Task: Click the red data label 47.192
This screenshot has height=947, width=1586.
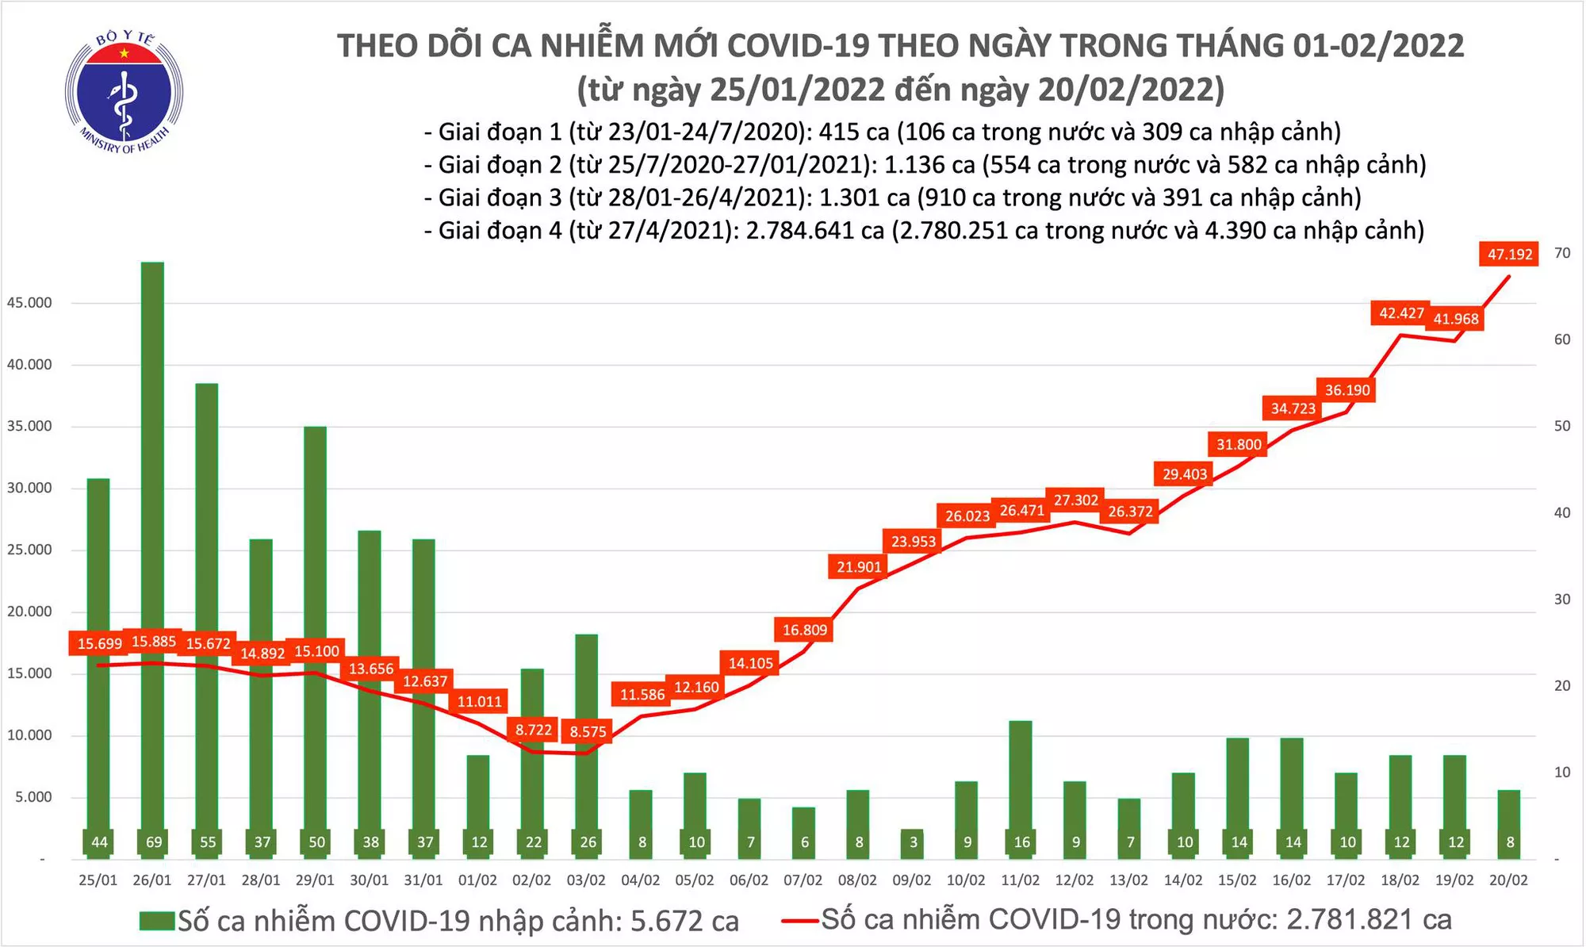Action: click(1509, 255)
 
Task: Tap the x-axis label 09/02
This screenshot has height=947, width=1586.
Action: click(911, 880)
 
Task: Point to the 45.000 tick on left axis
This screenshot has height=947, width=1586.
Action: click(29, 303)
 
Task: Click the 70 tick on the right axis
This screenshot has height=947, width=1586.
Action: click(1562, 253)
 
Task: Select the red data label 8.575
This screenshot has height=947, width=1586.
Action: click(588, 731)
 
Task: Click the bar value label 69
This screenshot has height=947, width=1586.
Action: click(153, 842)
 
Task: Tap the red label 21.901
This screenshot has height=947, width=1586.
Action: click(859, 567)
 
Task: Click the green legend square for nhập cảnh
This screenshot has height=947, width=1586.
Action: click(156, 921)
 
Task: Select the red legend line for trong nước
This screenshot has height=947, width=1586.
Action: click(799, 921)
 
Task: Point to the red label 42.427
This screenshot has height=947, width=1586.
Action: click(1400, 313)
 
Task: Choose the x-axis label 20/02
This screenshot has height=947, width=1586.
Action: click(1507, 880)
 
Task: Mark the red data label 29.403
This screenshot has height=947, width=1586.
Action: click(1184, 474)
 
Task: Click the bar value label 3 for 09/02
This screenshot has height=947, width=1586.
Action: click(914, 842)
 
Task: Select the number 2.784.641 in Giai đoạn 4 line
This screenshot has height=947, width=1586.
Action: click(804, 231)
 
